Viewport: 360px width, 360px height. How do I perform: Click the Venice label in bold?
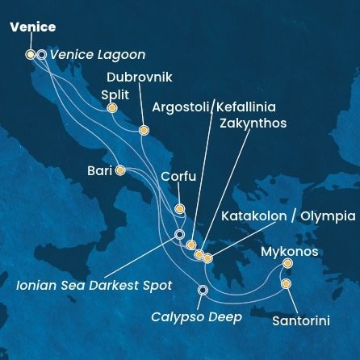[33, 27]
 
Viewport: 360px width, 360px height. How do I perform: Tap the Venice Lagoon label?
[97, 55]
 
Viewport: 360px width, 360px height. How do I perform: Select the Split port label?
[115, 94]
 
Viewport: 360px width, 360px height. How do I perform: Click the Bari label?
[100, 170]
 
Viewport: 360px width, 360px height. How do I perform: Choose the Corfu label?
[178, 176]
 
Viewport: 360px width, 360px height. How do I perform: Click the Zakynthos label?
[253, 123]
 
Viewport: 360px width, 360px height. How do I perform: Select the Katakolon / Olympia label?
[288, 216]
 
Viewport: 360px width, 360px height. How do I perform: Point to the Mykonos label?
[289, 252]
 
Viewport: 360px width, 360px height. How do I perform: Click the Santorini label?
[300, 320]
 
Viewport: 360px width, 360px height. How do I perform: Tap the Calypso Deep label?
[196, 317]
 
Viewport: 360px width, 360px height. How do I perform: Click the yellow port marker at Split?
[112, 107]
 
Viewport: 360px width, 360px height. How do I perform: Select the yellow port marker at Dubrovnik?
[144, 130]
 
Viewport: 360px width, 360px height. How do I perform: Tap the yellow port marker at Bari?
[120, 170]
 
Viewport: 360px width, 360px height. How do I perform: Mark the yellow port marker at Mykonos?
[288, 263]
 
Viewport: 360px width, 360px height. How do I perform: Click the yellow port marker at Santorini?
[285, 284]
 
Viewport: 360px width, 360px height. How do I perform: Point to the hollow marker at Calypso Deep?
[203, 290]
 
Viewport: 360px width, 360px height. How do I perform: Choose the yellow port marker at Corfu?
[179, 209]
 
